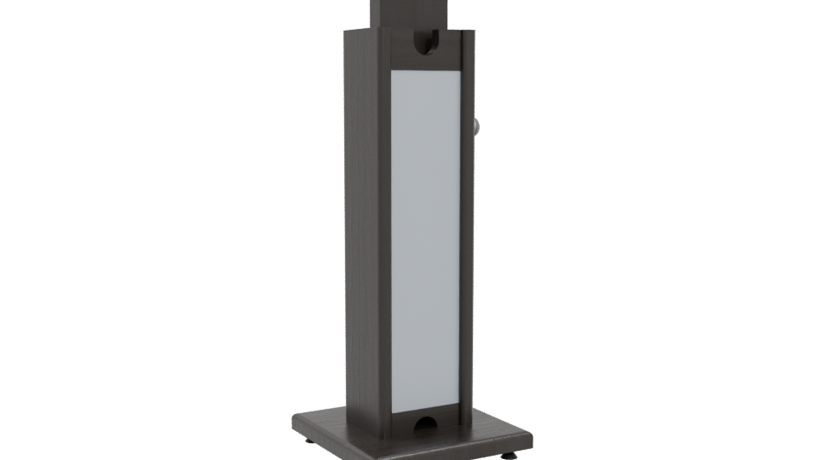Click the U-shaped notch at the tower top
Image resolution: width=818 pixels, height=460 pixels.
426,43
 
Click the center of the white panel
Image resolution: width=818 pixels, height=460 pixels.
425,243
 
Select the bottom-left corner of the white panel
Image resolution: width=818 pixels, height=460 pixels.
392,413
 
